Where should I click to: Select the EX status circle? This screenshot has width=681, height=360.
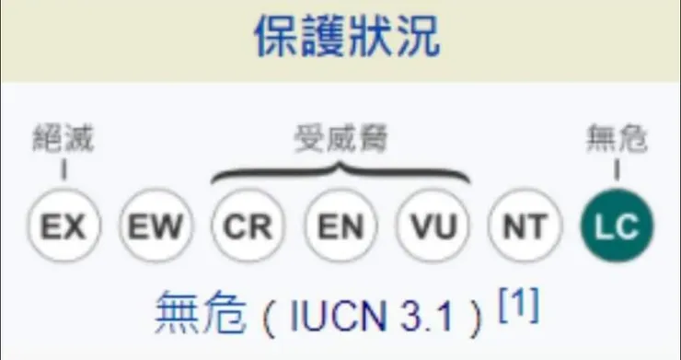[63, 226]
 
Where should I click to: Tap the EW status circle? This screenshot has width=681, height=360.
[156, 226]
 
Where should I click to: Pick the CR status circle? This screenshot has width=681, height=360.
[248, 226]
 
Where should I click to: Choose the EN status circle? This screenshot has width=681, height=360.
[340, 226]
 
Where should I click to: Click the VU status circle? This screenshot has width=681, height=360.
[432, 226]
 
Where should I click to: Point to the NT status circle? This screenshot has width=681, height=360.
[524, 226]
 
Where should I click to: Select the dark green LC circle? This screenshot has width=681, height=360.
[617, 226]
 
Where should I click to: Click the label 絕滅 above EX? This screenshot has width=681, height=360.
[63, 139]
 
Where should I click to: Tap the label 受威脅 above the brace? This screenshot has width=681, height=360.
[340, 139]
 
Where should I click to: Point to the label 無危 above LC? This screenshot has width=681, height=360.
[617, 139]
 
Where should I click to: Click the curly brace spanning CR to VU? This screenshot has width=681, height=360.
[340, 173]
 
